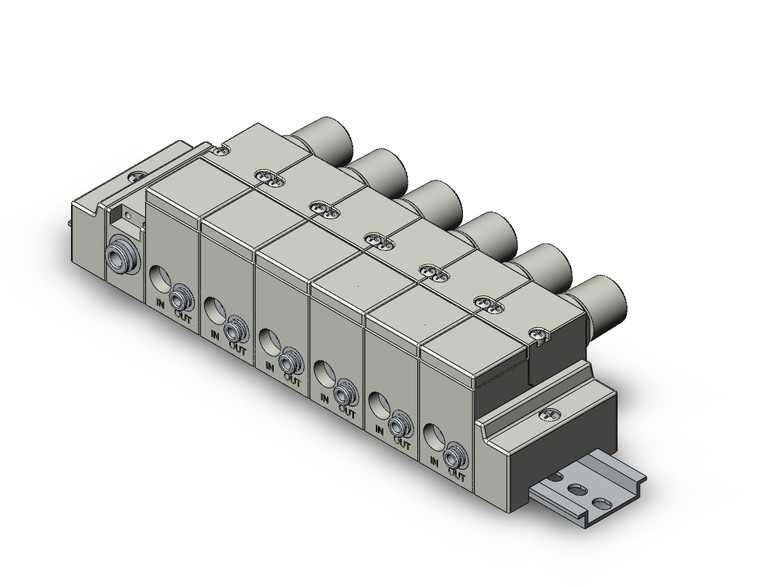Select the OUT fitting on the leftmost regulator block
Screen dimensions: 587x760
tap(181, 297)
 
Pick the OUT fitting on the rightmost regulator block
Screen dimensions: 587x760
tap(454, 453)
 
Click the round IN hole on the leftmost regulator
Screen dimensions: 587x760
tap(160, 279)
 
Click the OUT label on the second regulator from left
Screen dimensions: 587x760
tap(237, 347)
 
